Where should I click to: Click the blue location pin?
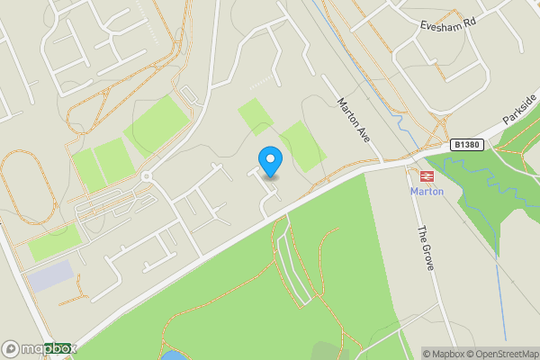coord(270,162)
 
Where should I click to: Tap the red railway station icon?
coord(427,175)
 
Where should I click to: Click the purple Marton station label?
coord(427,192)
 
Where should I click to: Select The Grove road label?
coord(425,243)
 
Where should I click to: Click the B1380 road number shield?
coord(465,144)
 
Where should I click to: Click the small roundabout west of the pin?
coord(147,177)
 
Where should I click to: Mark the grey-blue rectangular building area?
coord(49,275)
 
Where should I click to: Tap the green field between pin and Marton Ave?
coord(302,146)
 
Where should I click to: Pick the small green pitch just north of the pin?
coord(256,118)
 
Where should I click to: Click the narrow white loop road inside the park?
coord(294,265)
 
